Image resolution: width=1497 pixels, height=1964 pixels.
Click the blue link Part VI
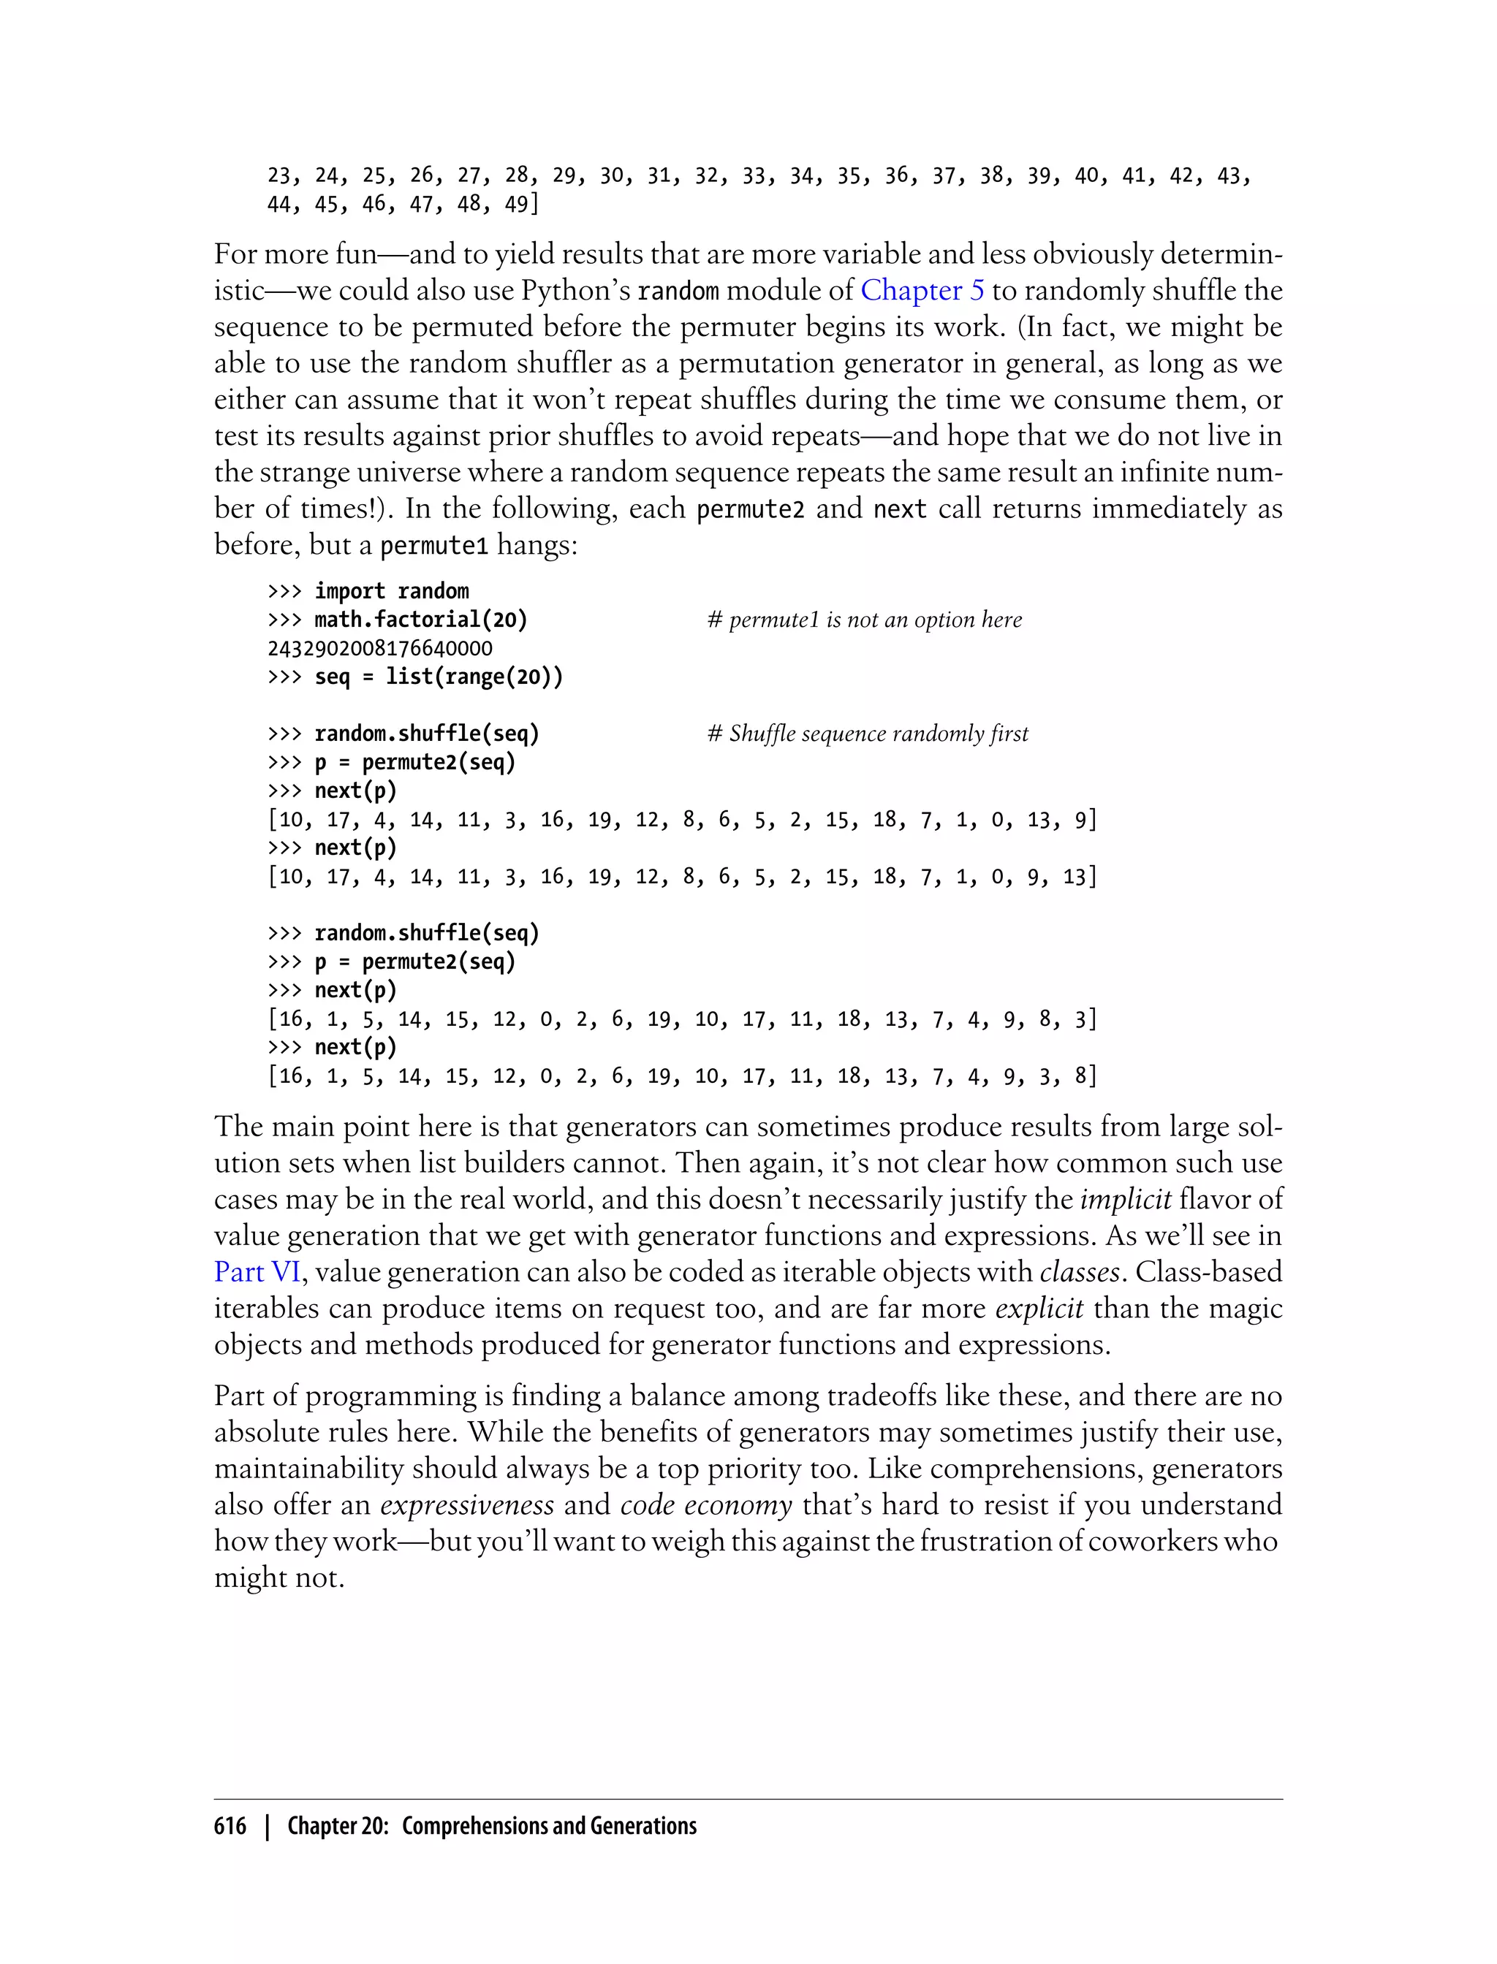(x=256, y=1272)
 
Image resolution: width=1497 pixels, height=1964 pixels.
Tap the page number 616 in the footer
(x=230, y=1827)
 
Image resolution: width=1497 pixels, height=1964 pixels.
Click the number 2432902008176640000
(x=379, y=648)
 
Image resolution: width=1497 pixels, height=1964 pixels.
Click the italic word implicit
(x=1124, y=1200)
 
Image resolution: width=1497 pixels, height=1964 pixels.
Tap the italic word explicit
(x=1039, y=1309)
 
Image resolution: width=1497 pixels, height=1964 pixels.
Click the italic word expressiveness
(x=467, y=1505)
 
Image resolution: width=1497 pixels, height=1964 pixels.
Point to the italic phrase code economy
(x=705, y=1505)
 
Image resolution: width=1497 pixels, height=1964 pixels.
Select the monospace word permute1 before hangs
(x=434, y=546)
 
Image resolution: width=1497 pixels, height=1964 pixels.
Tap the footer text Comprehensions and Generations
(x=549, y=1827)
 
